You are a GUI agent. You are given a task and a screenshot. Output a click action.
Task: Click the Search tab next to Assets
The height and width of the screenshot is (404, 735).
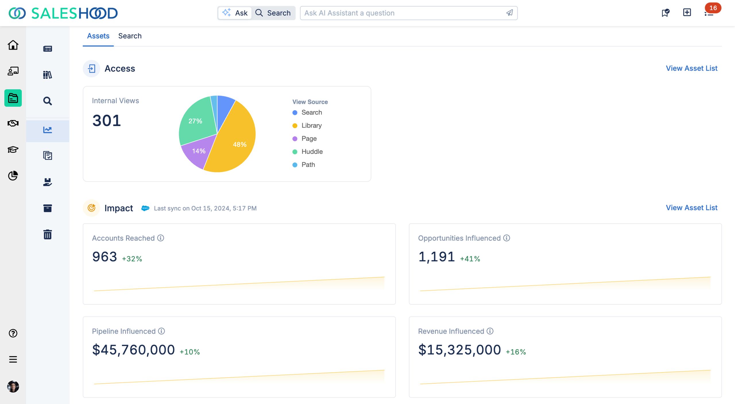click(x=130, y=36)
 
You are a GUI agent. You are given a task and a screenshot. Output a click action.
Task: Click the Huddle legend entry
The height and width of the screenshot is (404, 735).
click(x=312, y=152)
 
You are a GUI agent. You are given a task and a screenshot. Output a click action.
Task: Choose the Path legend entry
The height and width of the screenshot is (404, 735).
click(x=308, y=165)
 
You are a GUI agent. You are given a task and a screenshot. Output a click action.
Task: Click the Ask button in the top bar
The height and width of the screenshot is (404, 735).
click(x=235, y=13)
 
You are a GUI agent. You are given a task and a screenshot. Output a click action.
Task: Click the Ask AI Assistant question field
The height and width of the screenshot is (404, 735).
click(x=402, y=13)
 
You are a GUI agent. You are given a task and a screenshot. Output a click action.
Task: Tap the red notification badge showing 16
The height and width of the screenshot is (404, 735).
click(x=713, y=8)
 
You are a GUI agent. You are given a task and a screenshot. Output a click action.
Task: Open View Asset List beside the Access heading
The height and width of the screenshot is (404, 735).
click(x=691, y=68)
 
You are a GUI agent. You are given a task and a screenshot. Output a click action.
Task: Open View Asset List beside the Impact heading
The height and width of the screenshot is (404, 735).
click(x=691, y=208)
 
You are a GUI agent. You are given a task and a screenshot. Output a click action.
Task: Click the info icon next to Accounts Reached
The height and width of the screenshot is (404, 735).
click(x=161, y=238)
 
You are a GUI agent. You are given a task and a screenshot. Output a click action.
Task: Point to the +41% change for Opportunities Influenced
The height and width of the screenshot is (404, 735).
click(x=470, y=259)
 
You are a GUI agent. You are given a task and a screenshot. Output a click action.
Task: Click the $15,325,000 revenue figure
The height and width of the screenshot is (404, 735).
click(x=459, y=350)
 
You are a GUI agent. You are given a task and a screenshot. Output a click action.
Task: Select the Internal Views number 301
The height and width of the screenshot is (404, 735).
click(x=107, y=121)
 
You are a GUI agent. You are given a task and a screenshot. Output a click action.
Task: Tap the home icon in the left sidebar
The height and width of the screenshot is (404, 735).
click(x=13, y=45)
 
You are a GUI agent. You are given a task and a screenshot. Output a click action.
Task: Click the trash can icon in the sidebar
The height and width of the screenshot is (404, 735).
click(x=48, y=234)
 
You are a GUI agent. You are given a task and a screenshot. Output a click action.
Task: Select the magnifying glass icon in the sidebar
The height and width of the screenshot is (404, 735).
click(x=48, y=101)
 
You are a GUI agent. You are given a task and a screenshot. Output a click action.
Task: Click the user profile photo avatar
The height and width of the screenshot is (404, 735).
click(x=13, y=386)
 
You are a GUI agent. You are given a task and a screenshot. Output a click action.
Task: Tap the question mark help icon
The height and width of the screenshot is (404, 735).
click(x=13, y=333)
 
